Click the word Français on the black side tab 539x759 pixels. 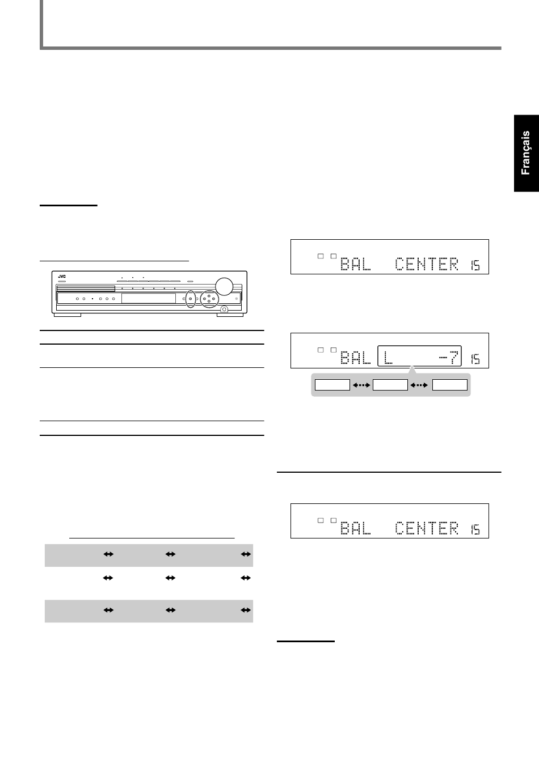pos(525,153)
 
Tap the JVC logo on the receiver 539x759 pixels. pos(62,277)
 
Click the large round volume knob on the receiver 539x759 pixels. pos(224,286)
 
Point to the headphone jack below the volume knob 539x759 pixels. pos(224,309)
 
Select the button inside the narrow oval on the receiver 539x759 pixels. pos(190,299)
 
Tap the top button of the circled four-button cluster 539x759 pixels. pos(209,296)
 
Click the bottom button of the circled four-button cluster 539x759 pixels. pos(209,301)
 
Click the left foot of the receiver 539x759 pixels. pos(68,315)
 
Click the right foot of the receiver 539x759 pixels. pos(230,315)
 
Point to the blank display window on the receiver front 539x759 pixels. pos(149,299)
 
